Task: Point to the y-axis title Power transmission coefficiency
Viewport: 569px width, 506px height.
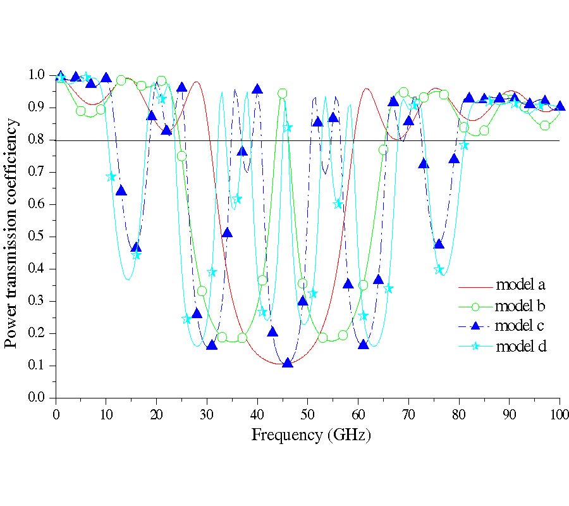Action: coord(11,234)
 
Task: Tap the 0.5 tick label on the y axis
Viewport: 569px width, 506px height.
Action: coord(37,237)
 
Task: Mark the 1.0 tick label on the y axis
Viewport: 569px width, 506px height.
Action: coord(37,75)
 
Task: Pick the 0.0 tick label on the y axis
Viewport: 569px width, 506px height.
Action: coord(37,398)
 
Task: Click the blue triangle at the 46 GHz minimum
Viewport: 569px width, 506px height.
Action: coord(288,363)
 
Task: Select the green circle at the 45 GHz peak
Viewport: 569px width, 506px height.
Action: coord(283,93)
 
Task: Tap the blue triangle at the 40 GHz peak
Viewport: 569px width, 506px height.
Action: coord(257,89)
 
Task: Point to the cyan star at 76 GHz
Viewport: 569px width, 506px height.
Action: coord(439,269)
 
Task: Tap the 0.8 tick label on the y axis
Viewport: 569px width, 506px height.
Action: coord(37,140)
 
